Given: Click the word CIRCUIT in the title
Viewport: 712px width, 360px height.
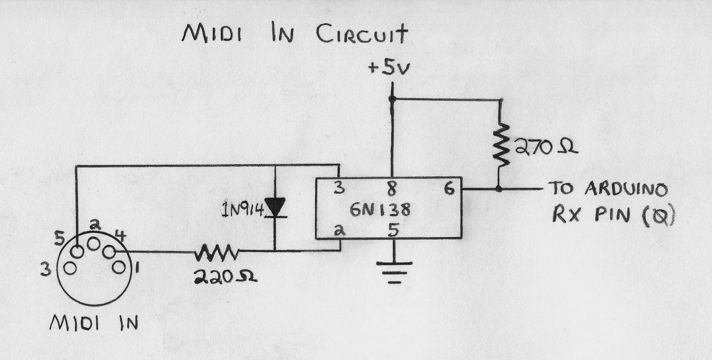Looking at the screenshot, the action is [362, 34].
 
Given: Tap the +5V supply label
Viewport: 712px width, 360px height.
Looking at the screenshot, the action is [389, 68].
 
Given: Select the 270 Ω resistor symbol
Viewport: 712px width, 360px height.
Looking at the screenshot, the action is [500, 145].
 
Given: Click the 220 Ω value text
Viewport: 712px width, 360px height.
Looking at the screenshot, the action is [225, 277].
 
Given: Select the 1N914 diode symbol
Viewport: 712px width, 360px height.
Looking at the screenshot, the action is [275, 208].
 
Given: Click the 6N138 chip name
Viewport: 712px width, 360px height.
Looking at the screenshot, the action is [380, 210].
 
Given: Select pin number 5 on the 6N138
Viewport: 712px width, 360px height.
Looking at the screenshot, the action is [393, 230].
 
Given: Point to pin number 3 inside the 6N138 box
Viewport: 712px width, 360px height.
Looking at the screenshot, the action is [340, 188].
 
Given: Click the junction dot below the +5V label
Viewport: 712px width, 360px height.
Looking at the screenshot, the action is [392, 99].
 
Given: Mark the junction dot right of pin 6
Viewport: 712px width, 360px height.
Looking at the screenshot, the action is [499, 189].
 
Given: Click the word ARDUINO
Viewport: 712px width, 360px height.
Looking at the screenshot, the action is [626, 189].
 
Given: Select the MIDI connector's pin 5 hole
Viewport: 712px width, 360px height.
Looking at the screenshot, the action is [77, 252].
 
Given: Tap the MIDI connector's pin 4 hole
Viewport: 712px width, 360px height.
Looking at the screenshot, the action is [109, 252].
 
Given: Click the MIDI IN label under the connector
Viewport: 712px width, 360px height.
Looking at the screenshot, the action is [94, 323].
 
